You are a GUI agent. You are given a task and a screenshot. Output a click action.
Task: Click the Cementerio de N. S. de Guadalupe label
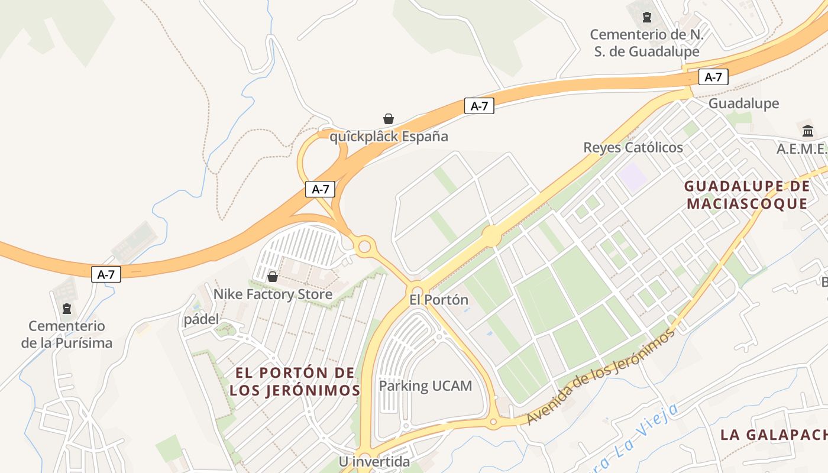646,43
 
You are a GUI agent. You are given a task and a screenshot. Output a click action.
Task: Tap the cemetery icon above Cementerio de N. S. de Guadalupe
647,17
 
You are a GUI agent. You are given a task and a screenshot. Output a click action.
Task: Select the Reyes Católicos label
633,147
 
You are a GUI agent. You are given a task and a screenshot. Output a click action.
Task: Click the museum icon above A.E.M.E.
808,131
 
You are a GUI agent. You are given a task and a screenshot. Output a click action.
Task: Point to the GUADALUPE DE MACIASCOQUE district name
747,195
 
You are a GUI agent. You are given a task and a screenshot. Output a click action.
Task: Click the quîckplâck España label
389,137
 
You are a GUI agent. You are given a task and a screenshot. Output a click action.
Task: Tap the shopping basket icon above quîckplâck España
389,119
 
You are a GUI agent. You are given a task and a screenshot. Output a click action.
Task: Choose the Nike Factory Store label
273,294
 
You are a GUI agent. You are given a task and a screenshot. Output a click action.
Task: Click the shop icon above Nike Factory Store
273,276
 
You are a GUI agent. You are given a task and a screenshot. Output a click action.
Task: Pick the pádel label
201,320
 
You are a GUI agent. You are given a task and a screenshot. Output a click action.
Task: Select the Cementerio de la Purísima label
67,334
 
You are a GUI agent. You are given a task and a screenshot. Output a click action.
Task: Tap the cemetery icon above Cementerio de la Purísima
67,308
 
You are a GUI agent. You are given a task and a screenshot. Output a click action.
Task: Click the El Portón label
439,300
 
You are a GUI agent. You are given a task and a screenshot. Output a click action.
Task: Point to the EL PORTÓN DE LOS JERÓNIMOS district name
295,381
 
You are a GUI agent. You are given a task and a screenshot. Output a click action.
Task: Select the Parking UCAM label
425,386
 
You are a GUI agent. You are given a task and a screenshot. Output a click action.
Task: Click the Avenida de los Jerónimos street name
600,377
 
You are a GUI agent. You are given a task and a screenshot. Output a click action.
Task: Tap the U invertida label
374,461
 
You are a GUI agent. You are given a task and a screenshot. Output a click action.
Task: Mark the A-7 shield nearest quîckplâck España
478,106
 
